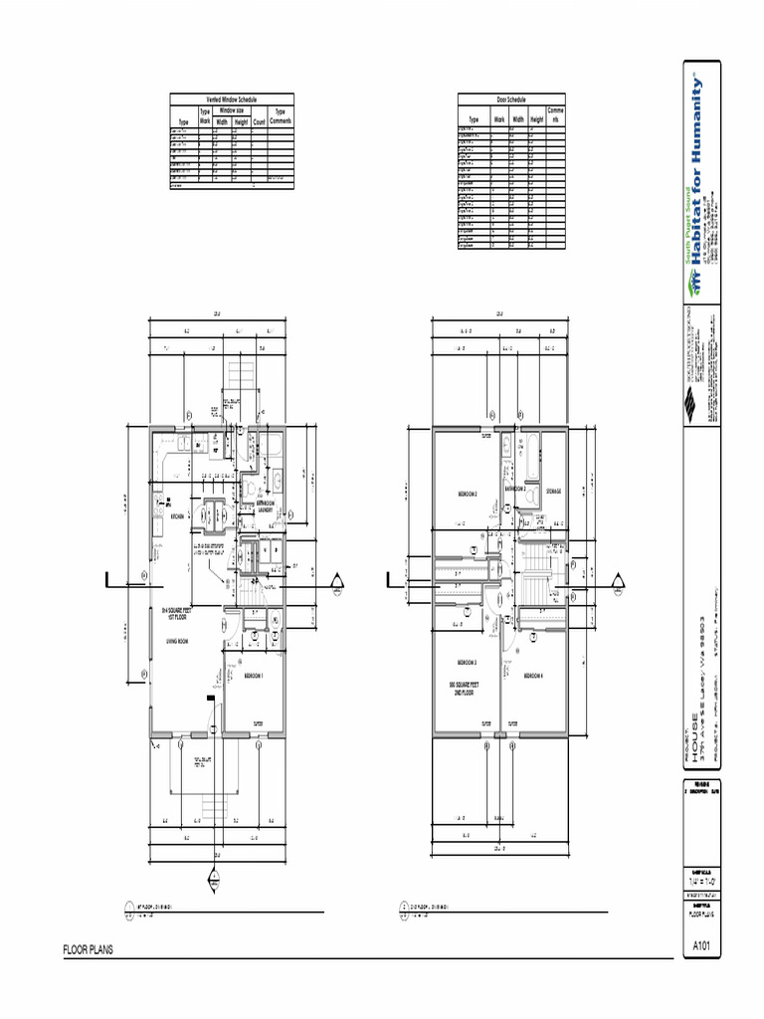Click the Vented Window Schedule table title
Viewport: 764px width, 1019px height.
[231, 99]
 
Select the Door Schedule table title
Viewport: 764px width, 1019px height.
[511, 99]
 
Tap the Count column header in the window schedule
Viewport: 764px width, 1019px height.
[259, 121]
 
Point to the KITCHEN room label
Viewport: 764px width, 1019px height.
[178, 517]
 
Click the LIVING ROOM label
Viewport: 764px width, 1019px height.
[178, 644]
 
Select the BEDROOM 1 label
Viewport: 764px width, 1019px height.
[254, 676]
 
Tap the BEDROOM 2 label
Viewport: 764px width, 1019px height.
[468, 494]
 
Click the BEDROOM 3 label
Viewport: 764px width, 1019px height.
[468, 663]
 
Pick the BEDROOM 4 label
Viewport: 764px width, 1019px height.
[534, 676]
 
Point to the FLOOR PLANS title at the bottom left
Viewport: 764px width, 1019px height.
[89, 950]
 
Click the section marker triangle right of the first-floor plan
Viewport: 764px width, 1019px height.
[338, 581]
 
